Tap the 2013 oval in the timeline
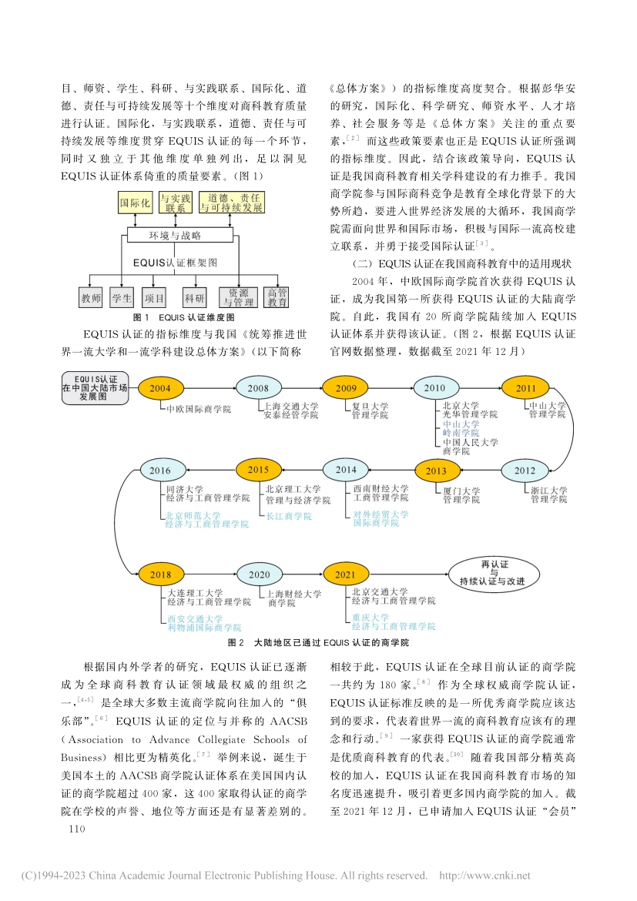435,471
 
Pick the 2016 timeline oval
161,471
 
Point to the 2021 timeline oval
345,574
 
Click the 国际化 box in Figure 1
135,204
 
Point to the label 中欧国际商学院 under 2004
199,409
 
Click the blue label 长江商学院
288,516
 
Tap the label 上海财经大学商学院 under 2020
294,598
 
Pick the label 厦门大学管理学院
462,495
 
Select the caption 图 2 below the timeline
318,641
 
